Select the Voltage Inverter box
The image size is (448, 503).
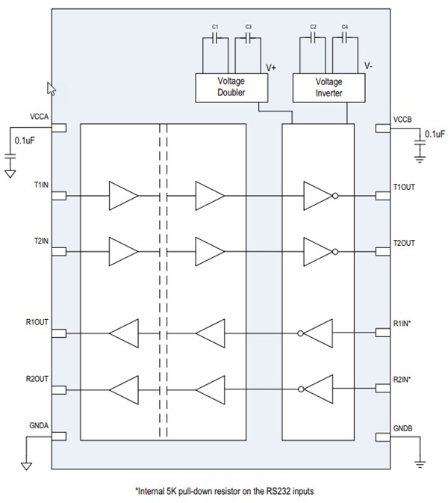(x=329, y=87)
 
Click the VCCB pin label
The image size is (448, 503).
(x=404, y=117)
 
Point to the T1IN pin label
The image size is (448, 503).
(x=41, y=184)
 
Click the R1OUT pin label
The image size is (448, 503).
(x=38, y=322)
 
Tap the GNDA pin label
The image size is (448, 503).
(x=40, y=425)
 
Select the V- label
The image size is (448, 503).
(x=369, y=67)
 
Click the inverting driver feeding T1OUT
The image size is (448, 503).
(x=317, y=196)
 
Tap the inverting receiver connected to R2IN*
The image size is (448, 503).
(x=317, y=389)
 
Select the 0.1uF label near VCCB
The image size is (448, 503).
(x=435, y=135)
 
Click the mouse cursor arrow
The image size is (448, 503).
(x=52, y=88)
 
